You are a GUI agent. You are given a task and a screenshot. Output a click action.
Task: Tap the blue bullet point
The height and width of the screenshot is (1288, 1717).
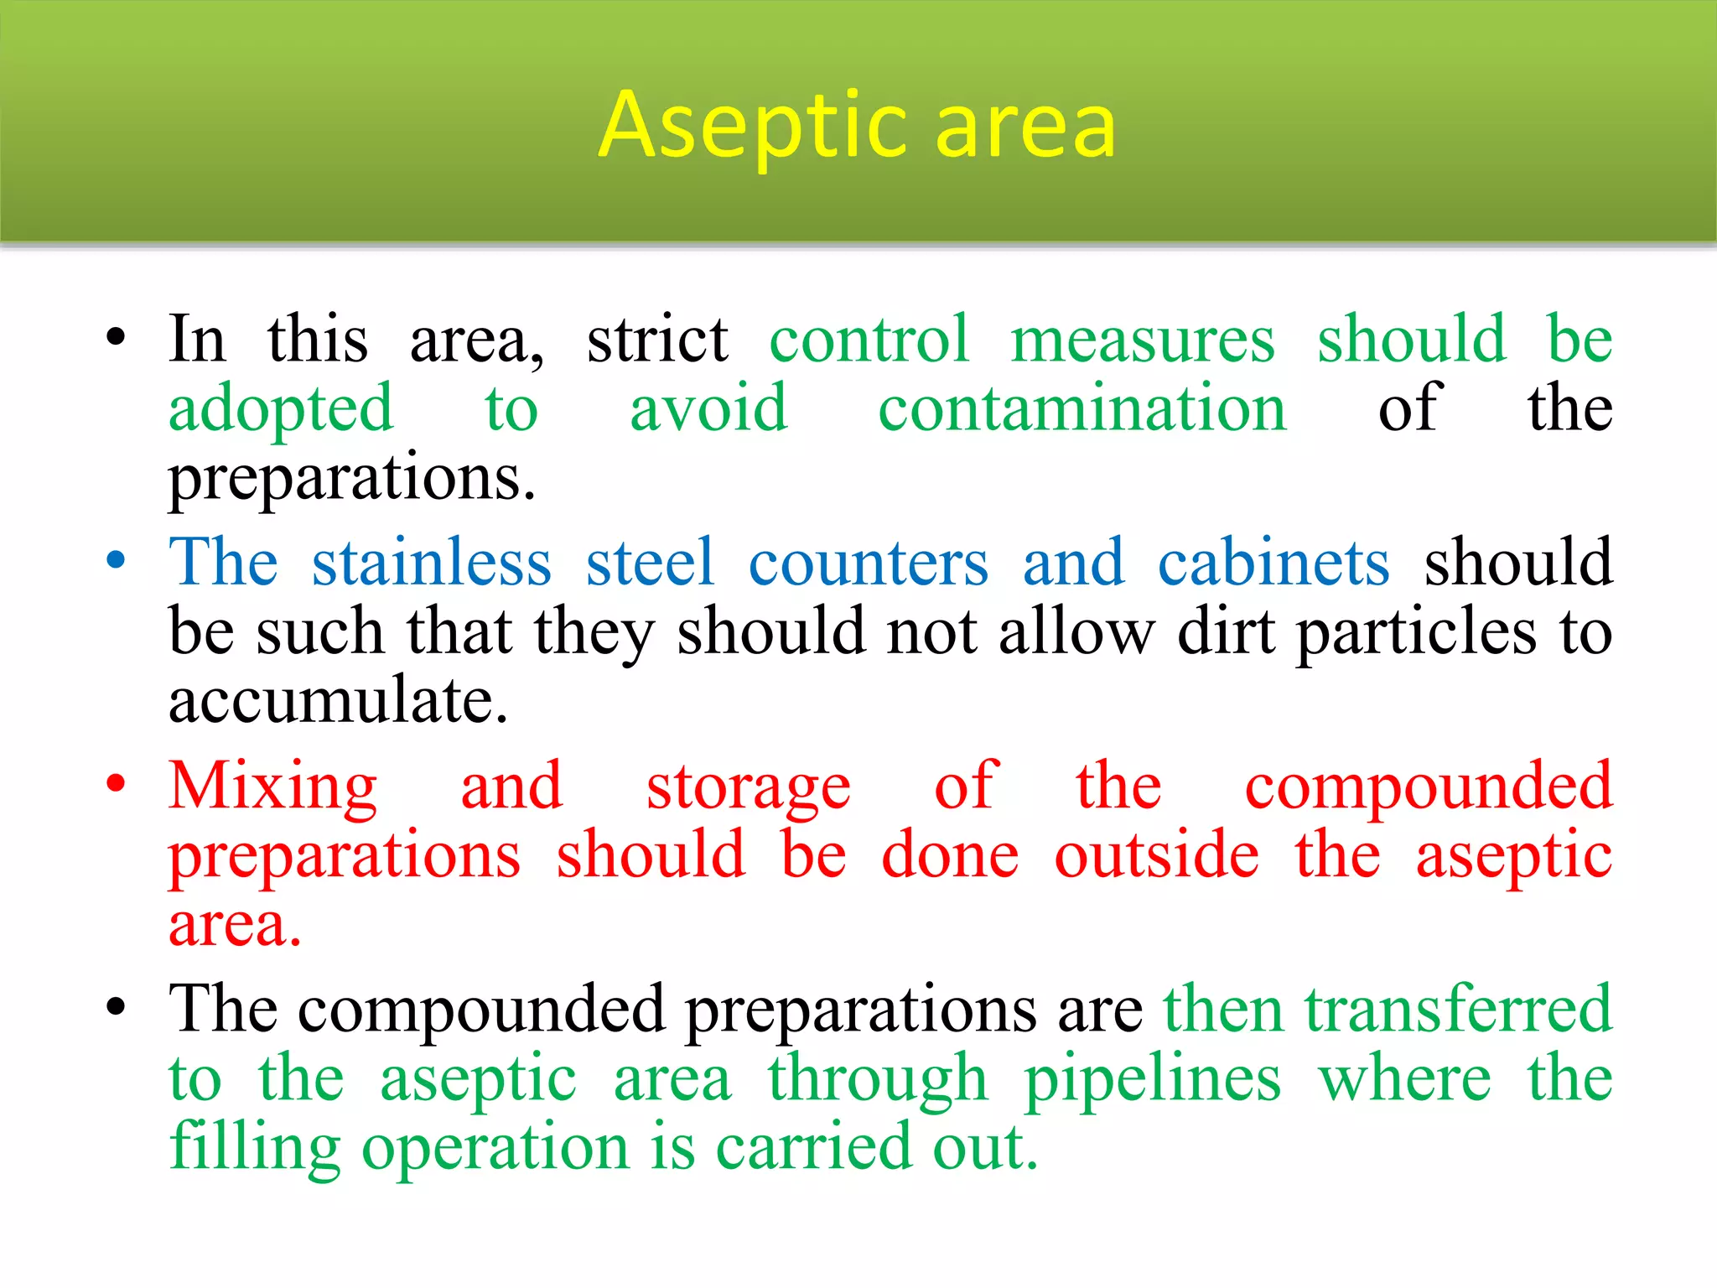coord(116,559)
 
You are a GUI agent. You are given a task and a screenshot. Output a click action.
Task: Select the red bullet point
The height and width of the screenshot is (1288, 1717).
coord(116,783)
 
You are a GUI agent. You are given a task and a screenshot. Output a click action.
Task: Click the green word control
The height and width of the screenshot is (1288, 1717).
coord(869,339)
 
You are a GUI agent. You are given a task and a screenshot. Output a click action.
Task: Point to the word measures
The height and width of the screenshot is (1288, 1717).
coord(1142,339)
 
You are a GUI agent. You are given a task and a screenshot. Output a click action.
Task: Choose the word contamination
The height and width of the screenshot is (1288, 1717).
coord(1082,408)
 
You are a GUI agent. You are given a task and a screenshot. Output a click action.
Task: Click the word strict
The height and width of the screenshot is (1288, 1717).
coord(657,339)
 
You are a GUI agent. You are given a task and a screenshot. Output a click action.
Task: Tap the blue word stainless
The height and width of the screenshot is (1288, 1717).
coord(432,562)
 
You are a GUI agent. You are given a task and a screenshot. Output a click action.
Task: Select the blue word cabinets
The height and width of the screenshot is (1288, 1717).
coord(1273,562)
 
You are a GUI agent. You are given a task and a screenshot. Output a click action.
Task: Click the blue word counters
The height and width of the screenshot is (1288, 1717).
coord(869,562)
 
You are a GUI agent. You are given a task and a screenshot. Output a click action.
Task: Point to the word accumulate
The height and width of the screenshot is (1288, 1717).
coord(338,700)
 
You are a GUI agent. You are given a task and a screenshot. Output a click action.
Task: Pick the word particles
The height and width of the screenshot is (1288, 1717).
coord(1417,631)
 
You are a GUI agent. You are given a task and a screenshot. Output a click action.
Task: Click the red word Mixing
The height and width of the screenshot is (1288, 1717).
coord(273,787)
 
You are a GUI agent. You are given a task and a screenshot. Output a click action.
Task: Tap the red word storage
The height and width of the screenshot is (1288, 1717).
coord(749,787)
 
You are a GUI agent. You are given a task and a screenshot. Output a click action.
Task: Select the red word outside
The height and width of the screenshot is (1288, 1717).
coord(1157,855)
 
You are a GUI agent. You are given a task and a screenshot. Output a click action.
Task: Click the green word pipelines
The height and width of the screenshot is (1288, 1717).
coord(1153,1078)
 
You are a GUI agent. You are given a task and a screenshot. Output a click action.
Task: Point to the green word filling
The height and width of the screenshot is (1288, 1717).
coord(255,1147)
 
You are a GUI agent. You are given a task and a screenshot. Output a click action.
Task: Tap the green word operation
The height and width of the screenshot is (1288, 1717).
coord(495,1147)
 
